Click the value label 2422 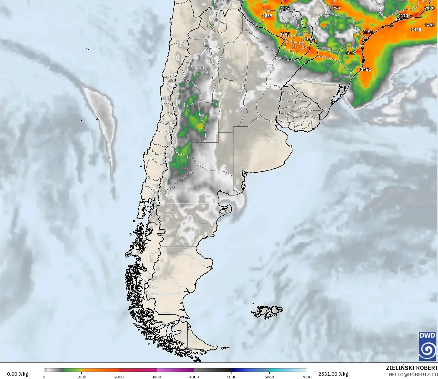285,8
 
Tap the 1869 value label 267,16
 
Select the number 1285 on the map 285,34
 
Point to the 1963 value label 311,39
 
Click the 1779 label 335,8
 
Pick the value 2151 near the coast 368,32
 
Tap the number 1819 350,53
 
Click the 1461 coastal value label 366,69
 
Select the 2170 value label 403,16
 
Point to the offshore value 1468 416,29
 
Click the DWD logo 427,346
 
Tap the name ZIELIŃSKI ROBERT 412,368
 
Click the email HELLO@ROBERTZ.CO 413,375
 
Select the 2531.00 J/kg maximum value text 333,374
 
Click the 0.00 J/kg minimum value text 17,374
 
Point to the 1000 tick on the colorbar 81,377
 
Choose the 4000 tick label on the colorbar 194,377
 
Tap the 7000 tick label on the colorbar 307,377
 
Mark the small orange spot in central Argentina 201,126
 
